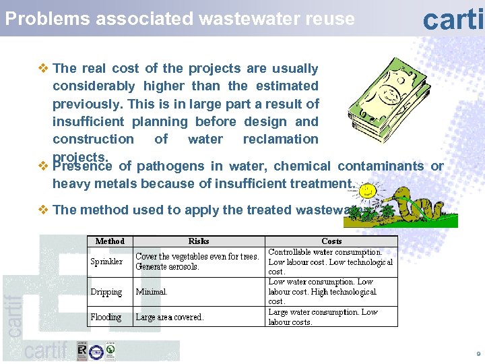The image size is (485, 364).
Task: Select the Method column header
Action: click(110, 241)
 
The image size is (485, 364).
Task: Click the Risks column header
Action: click(199, 241)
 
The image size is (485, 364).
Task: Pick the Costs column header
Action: click(331, 241)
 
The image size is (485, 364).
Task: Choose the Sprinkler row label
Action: click(107, 262)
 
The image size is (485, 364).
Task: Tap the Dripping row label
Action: click(106, 292)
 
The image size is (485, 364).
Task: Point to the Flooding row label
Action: click(106, 317)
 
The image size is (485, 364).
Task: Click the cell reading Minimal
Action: click(152, 292)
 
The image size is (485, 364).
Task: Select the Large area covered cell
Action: click(170, 317)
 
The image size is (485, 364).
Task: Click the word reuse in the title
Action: click(330, 19)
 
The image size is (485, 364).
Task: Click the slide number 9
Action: click(478, 353)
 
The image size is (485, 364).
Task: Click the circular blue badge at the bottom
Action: click(96, 351)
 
